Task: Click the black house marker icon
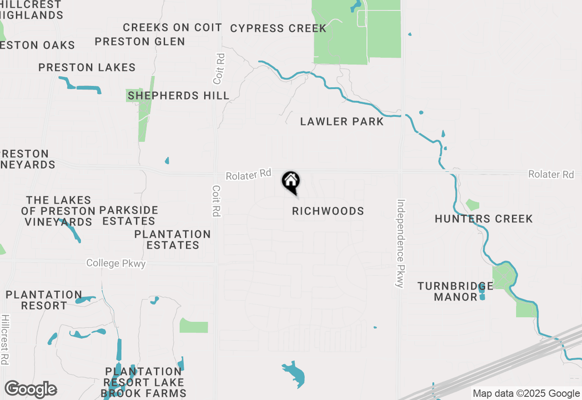click(x=291, y=181)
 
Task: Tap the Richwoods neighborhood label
click(x=328, y=211)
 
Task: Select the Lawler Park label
click(x=342, y=121)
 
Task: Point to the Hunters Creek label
click(x=483, y=219)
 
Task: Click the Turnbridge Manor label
click(x=455, y=291)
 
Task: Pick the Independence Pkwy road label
click(x=400, y=243)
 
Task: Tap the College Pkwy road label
click(x=116, y=263)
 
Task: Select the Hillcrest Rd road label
click(x=5, y=339)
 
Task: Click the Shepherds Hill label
click(x=178, y=95)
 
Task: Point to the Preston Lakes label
click(x=87, y=68)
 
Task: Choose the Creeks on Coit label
click(x=172, y=27)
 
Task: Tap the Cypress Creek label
click(x=278, y=28)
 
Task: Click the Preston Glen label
click(x=140, y=41)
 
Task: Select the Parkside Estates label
click(x=129, y=216)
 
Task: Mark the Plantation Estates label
click(x=172, y=240)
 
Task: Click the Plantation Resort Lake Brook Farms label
click(x=143, y=382)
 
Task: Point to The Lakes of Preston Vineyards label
click(x=58, y=211)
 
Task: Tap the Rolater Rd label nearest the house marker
click(x=248, y=175)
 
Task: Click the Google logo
click(x=30, y=390)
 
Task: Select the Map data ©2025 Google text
click(x=526, y=394)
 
